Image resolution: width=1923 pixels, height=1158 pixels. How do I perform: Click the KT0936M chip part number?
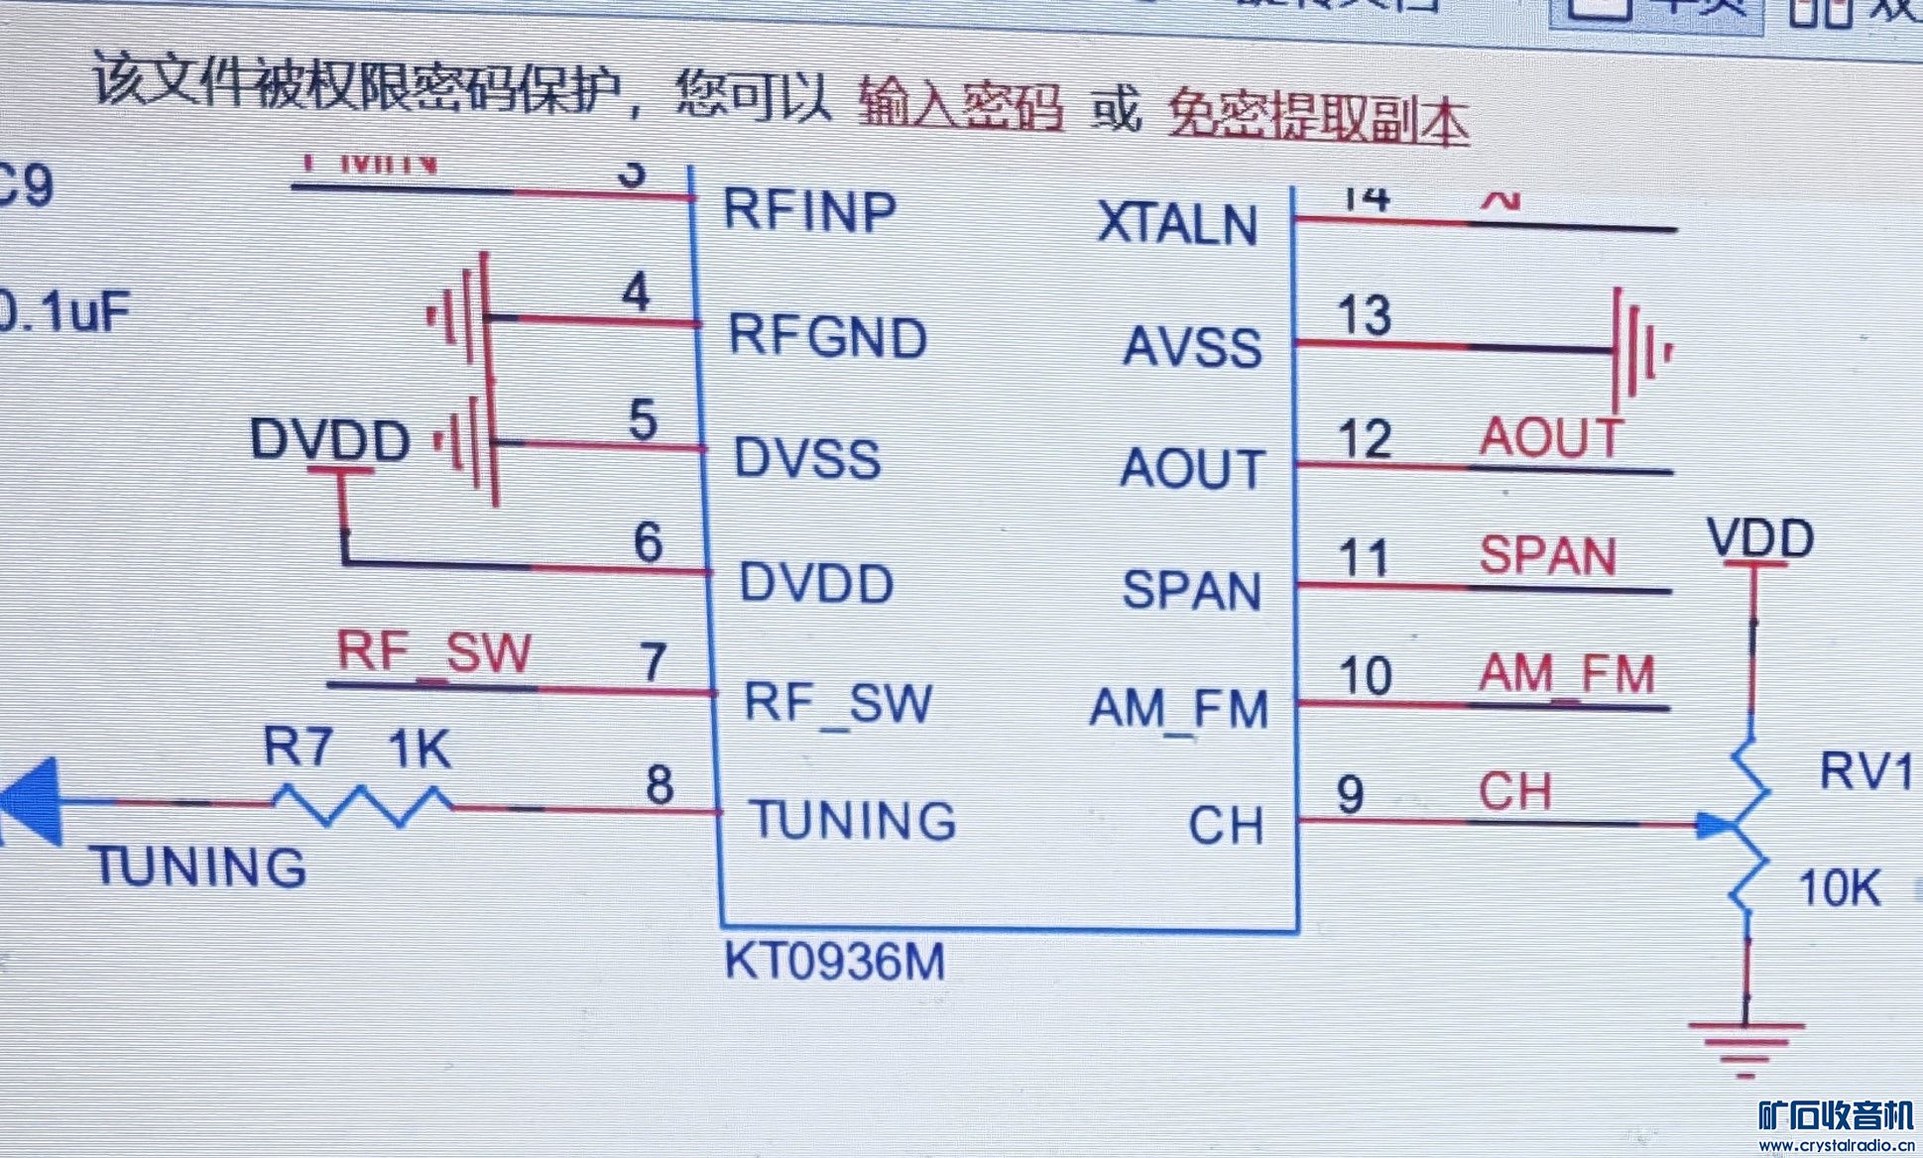point(834,961)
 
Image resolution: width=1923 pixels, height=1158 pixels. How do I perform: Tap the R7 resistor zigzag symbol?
point(363,804)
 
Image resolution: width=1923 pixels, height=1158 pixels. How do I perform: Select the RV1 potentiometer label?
point(1865,770)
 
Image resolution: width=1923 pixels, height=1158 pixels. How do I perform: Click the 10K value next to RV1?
point(1839,887)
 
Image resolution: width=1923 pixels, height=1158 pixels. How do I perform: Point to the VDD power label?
point(1760,538)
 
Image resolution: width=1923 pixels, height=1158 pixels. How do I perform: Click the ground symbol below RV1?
point(1745,1047)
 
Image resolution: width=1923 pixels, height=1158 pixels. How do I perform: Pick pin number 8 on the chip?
point(660,784)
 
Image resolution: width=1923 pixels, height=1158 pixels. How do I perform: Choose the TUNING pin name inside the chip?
point(852,820)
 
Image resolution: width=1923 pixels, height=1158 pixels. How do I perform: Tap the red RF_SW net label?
point(434,652)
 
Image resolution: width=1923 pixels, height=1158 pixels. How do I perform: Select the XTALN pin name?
point(1177,224)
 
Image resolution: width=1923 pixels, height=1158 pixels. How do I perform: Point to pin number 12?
point(1365,438)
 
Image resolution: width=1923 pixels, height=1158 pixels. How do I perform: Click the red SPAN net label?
point(1547,555)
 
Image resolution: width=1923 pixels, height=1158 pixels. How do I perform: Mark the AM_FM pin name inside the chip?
point(1178,709)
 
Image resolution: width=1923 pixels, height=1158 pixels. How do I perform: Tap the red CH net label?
point(1514,791)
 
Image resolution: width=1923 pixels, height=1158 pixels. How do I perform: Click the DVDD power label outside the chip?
point(329,439)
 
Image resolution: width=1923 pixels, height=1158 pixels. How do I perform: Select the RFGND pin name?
point(827,336)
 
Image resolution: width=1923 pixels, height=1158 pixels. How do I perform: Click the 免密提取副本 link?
point(1317,118)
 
